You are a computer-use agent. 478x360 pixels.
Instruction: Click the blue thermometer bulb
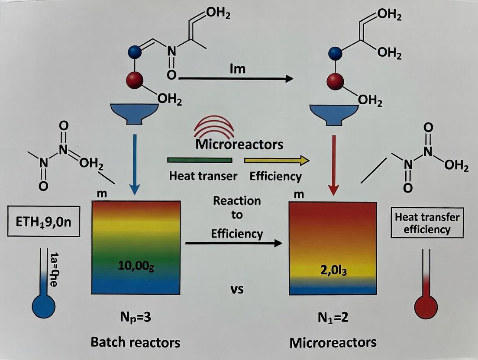pyautogui.click(x=44, y=306)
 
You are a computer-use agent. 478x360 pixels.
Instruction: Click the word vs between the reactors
pyautogui.click(x=236, y=289)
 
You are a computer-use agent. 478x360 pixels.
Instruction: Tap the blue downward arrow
pyautogui.click(x=136, y=165)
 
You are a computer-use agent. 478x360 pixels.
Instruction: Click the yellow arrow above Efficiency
pyautogui.click(x=277, y=161)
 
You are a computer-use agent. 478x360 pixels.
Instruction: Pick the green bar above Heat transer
pyautogui.click(x=199, y=160)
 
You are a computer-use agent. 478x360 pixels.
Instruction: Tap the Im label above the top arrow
pyautogui.click(x=237, y=69)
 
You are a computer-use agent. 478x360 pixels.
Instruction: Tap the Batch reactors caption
pyautogui.click(x=135, y=342)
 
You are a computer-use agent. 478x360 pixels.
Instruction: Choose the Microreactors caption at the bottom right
pyautogui.click(x=333, y=343)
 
